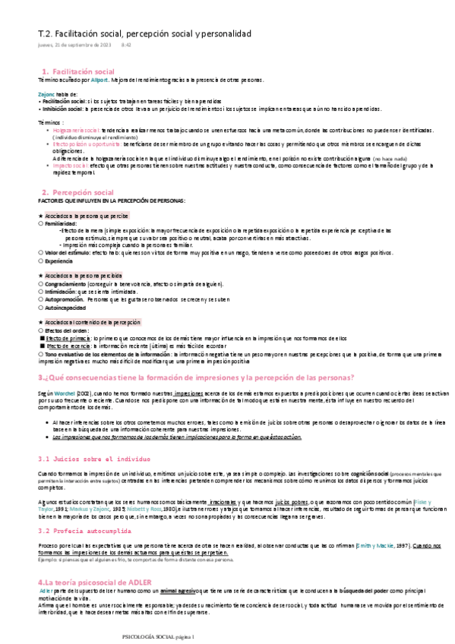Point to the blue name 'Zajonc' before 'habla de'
(46, 93)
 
